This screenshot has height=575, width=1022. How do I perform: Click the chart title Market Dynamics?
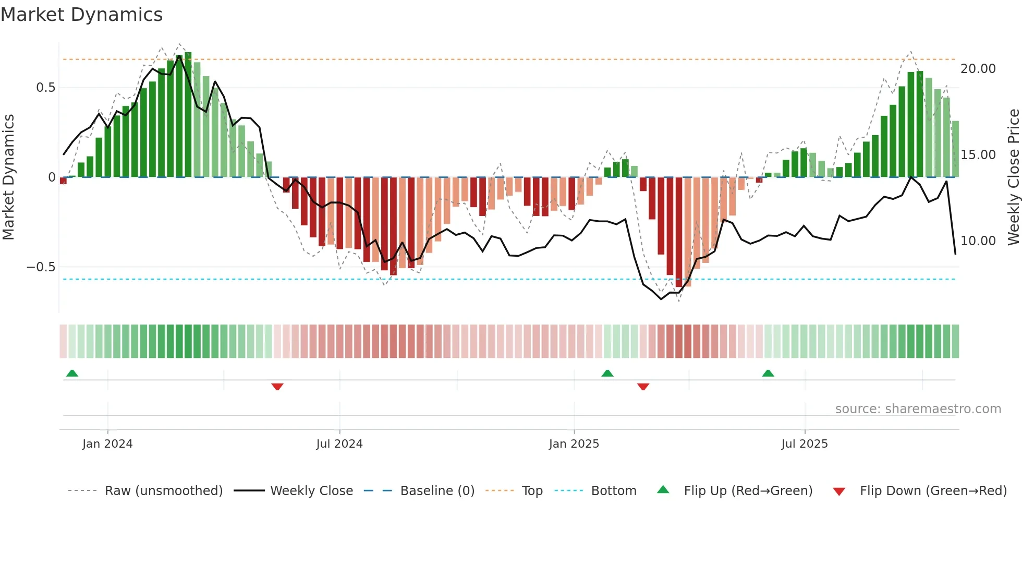[x=81, y=15]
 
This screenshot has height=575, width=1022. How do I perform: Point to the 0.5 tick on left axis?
[x=45, y=88]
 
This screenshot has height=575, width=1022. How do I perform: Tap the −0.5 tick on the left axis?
[x=41, y=267]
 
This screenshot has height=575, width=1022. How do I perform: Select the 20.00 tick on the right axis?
[x=978, y=69]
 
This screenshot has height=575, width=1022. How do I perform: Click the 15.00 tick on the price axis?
[x=978, y=155]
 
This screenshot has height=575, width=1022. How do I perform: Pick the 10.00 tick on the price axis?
[x=978, y=241]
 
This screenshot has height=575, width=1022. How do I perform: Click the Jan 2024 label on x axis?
[x=107, y=444]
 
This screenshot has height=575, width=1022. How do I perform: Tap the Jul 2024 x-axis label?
[x=339, y=444]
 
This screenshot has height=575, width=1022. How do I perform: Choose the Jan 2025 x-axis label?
[x=574, y=444]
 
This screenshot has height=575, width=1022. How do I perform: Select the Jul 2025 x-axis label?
[x=804, y=444]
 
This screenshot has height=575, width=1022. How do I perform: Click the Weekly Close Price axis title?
[x=1013, y=177]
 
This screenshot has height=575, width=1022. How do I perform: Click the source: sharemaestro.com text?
[x=918, y=409]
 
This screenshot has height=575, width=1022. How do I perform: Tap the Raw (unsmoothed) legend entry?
[x=163, y=491]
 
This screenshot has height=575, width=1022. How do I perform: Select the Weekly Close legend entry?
[x=311, y=491]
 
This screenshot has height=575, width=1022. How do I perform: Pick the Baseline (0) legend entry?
[x=437, y=491]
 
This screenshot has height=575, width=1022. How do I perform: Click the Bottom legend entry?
[x=613, y=491]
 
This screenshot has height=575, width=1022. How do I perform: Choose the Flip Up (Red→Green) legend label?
[x=748, y=491]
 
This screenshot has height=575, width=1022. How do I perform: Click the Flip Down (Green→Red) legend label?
[x=933, y=491]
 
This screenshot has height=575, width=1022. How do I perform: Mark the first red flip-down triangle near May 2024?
[x=277, y=387]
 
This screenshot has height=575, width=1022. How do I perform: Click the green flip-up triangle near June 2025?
[x=768, y=373]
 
